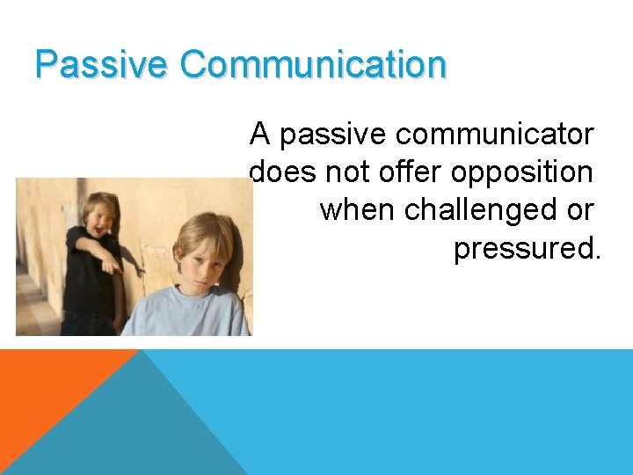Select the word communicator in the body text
pos(495,135)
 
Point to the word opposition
pos(522,172)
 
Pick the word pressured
pos(527,249)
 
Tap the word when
pos(357,210)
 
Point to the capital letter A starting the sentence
pos(259,135)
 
